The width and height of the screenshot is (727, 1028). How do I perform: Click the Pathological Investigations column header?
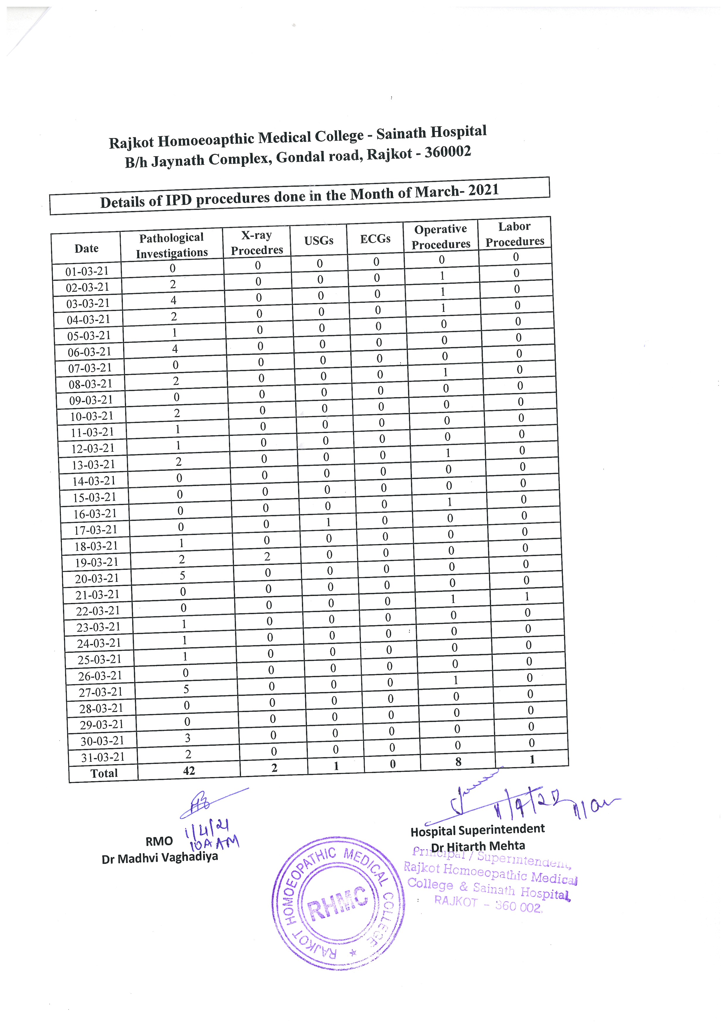(171, 245)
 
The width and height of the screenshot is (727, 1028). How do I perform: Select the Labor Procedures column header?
(515, 234)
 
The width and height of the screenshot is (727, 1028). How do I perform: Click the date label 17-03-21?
(95, 530)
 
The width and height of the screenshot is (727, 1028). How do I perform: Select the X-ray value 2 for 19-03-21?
(267, 557)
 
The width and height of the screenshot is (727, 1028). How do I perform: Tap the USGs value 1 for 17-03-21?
(328, 522)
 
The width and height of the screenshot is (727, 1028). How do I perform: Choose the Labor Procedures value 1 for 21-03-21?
(527, 597)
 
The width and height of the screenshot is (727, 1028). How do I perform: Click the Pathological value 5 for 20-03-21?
(182, 575)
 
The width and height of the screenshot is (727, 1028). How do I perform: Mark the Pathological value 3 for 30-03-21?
(188, 738)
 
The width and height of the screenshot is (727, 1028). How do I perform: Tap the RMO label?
(159, 842)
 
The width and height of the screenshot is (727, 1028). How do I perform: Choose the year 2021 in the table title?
(483, 190)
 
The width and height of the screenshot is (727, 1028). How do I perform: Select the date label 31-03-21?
(103, 757)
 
